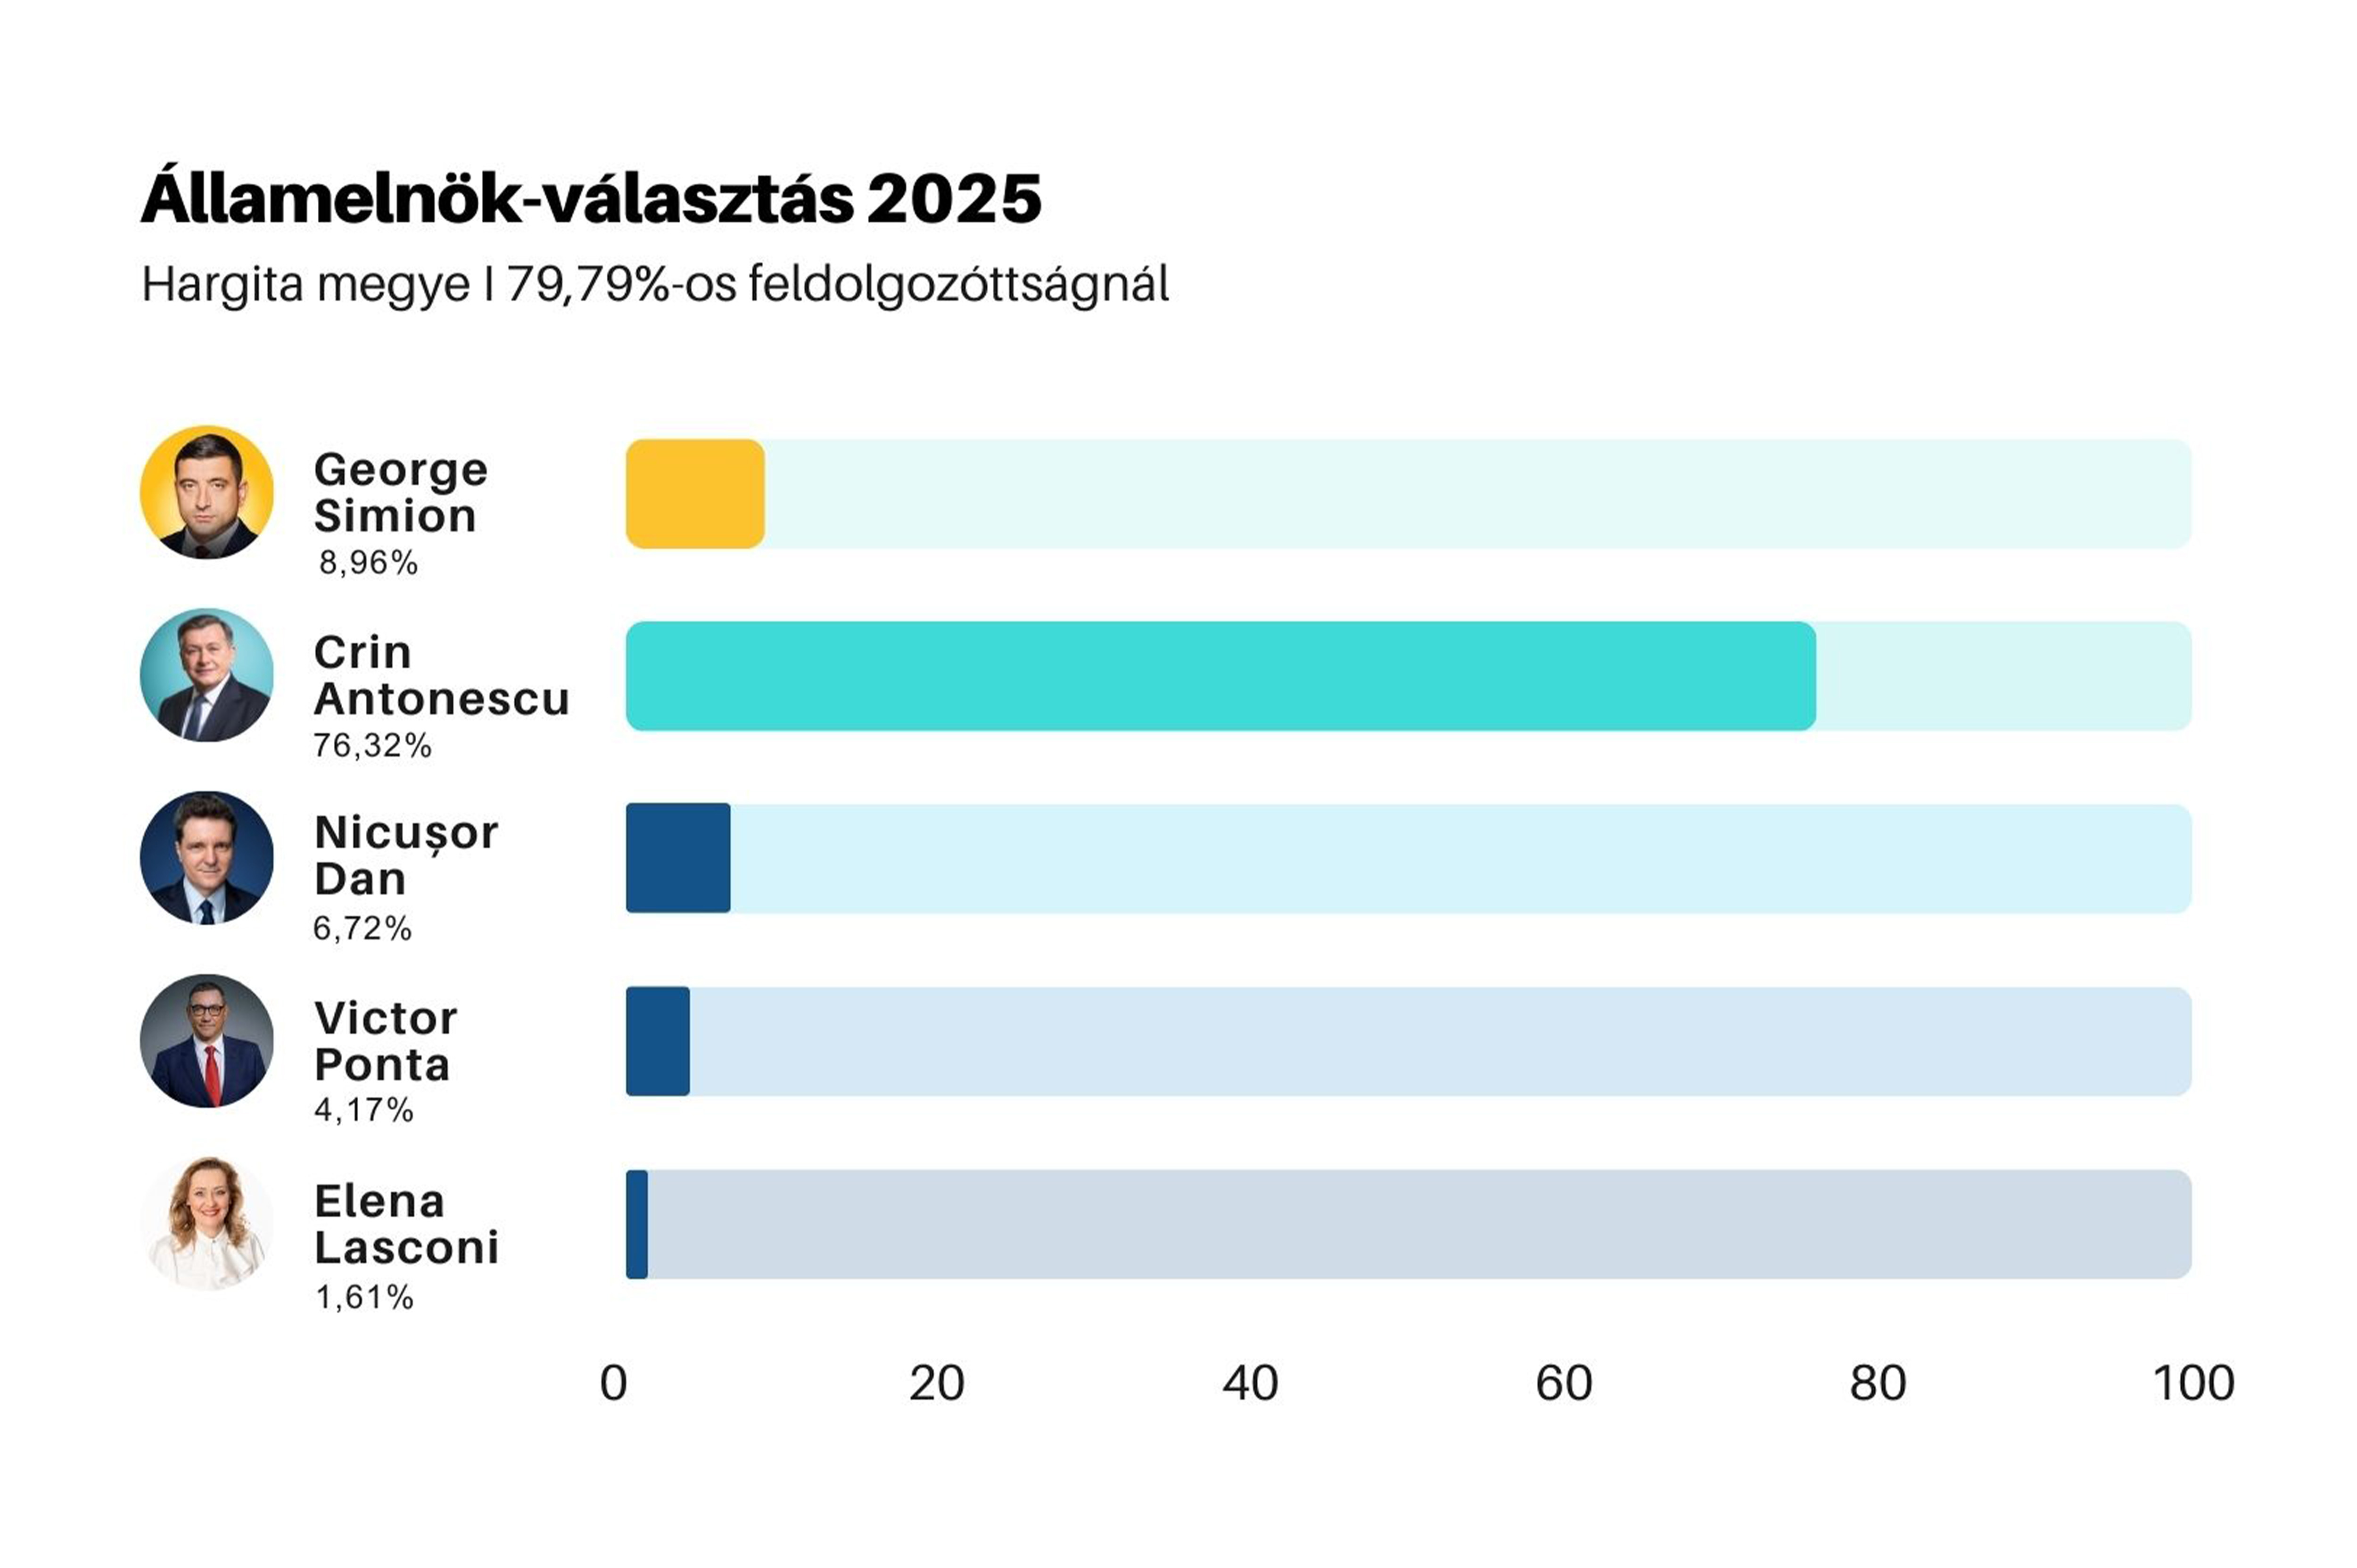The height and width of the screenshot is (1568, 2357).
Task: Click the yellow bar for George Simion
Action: tap(695, 494)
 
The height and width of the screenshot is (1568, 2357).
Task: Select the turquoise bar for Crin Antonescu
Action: tap(1220, 676)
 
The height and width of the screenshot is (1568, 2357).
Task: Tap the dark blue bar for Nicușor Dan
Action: tap(678, 858)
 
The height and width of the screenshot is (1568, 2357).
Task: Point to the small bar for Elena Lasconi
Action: tap(637, 1224)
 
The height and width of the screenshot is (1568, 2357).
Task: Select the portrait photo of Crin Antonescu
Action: tap(207, 675)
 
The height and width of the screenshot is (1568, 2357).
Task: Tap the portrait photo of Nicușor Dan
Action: tap(207, 858)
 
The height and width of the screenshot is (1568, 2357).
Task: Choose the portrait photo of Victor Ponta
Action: tap(207, 1041)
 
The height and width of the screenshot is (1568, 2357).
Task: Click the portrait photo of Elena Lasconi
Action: tap(207, 1224)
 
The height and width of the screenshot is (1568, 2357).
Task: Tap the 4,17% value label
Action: tap(363, 1110)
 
